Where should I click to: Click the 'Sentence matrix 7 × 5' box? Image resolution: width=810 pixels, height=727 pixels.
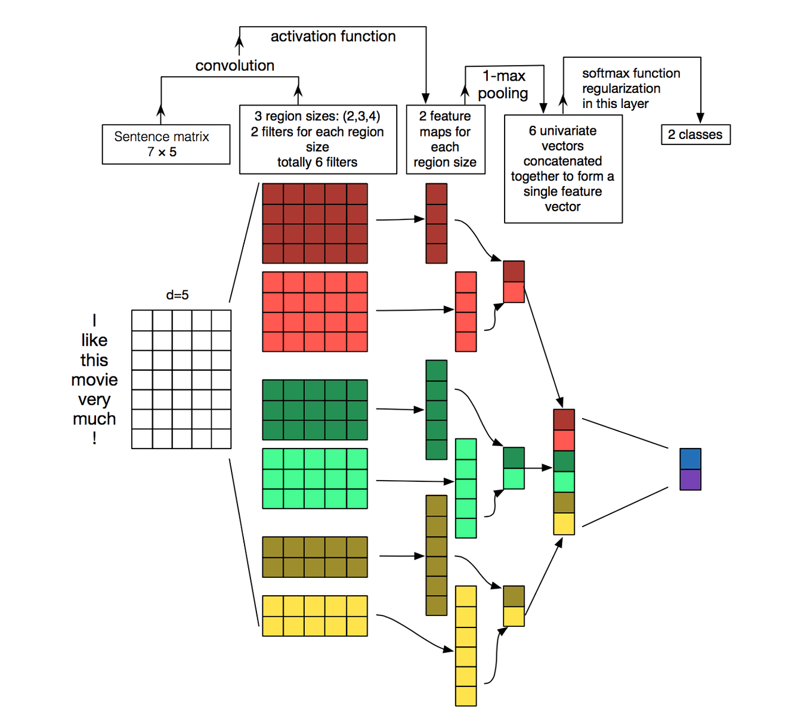point(166,144)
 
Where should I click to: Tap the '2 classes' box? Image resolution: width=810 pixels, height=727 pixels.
point(695,135)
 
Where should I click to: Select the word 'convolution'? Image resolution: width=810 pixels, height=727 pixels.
point(234,66)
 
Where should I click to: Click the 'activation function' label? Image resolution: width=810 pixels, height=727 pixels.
point(333,36)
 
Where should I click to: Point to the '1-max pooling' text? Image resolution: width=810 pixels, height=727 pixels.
point(503,84)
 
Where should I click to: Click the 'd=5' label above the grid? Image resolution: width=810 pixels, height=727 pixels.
point(177,295)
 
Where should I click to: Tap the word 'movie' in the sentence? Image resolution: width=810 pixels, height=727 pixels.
point(94,380)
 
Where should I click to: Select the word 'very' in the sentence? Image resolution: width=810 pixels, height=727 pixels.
point(94,400)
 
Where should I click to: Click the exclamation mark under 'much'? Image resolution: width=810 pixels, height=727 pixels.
point(94,439)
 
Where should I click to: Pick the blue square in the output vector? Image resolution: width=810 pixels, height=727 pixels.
point(690,459)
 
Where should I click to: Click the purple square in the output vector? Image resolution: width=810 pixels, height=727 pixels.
point(690,479)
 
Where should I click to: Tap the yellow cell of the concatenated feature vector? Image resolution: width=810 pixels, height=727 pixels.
point(564,524)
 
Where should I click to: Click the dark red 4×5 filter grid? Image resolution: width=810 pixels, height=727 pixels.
point(315,223)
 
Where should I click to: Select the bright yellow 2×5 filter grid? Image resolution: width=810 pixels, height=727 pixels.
point(315,615)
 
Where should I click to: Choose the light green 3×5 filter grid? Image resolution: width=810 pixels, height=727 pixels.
point(315,478)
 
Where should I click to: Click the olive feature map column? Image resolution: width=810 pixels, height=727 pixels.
point(436,555)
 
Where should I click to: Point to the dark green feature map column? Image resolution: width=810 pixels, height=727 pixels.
point(436,410)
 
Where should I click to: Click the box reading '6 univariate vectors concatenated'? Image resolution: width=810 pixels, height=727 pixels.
point(563,169)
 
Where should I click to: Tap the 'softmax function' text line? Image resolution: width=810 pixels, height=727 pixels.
point(631,73)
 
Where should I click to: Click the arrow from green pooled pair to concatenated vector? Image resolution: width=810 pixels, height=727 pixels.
point(538,468)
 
